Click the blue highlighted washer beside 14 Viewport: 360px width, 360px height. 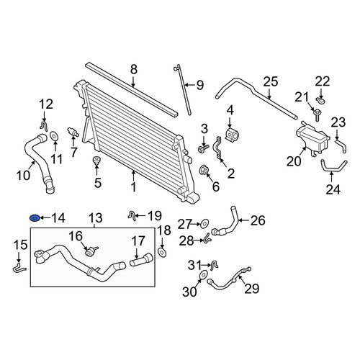pyautogui.click(x=34, y=218)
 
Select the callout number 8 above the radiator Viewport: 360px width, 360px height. pyautogui.click(x=134, y=69)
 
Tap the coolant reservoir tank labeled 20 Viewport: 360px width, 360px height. pyautogui.click(x=312, y=138)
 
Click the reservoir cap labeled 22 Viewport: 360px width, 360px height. pyautogui.click(x=320, y=100)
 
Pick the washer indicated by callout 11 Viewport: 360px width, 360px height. pyautogui.click(x=54, y=136)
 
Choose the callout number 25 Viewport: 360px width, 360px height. pyautogui.click(x=271, y=82)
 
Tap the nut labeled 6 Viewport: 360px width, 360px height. pyautogui.click(x=204, y=170)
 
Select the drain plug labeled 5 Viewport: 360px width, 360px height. pyautogui.click(x=96, y=161)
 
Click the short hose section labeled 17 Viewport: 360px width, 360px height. pyautogui.click(x=141, y=259)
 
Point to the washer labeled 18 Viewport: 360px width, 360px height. pyautogui.click(x=162, y=253)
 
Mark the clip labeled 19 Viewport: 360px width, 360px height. pyautogui.click(x=132, y=215)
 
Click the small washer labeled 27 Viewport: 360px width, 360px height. pyautogui.click(x=204, y=224)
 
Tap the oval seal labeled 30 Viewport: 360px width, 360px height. pyautogui.click(x=203, y=274)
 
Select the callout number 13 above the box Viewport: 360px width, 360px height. pyautogui.click(x=96, y=218)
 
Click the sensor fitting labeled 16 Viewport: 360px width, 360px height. pyautogui.click(x=91, y=251)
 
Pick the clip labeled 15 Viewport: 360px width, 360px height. pyautogui.click(x=19, y=268)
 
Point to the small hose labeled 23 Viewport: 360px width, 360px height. pyautogui.click(x=341, y=145)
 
